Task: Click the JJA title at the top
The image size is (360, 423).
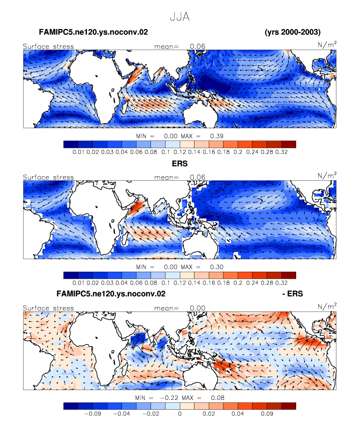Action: [x=180, y=17]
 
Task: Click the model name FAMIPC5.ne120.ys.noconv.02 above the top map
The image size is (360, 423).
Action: [x=93, y=32]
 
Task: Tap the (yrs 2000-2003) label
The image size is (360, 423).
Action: [x=293, y=32]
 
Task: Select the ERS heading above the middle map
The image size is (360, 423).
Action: [x=180, y=164]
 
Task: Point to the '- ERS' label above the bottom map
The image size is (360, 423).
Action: [x=293, y=293]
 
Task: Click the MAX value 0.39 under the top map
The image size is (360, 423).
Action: [x=217, y=136]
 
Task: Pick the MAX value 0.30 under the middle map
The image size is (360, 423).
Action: [x=217, y=267]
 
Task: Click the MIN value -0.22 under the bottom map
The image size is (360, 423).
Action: [x=169, y=397]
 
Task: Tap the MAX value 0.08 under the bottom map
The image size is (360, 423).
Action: [x=218, y=397]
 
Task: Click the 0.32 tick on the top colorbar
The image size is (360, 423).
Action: [x=281, y=152]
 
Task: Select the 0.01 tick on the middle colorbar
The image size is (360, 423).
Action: [x=78, y=282]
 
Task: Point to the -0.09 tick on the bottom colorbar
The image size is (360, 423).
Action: [x=92, y=414]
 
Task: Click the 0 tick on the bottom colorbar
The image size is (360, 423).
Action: [x=180, y=414]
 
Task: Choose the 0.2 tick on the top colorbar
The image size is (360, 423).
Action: [x=238, y=152]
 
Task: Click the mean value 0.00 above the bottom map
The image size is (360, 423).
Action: [x=197, y=308]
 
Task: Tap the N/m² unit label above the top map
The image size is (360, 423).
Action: [x=327, y=44]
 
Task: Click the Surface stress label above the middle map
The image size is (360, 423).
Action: [x=48, y=177]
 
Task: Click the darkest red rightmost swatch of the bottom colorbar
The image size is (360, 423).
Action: [x=288, y=406]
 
